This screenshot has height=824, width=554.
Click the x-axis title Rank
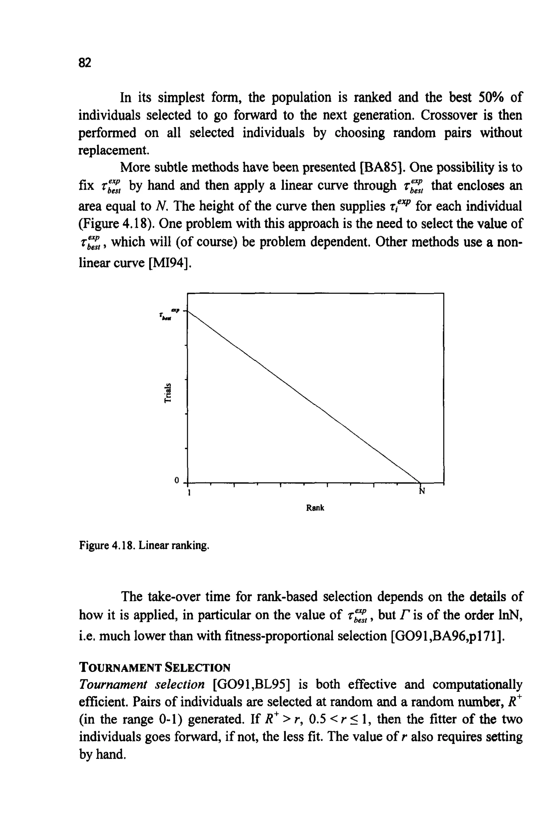315,508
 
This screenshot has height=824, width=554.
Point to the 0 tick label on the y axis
177,480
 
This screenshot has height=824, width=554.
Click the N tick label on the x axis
421,491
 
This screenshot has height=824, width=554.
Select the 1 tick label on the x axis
189,492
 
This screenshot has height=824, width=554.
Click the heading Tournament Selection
154,668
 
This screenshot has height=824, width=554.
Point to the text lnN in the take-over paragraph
511,615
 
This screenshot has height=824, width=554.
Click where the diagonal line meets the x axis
420,482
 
